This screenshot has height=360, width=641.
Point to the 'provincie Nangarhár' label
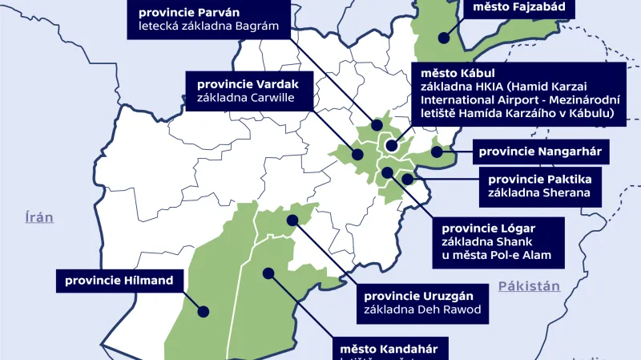coord(539,151)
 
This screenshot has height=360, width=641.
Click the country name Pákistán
coord(528,286)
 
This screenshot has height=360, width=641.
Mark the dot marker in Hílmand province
coord(204,311)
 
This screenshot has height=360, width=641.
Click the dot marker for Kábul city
coord(391,146)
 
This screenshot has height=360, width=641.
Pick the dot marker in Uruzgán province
coord(292,218)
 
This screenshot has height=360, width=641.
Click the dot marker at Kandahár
coord(269,273)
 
